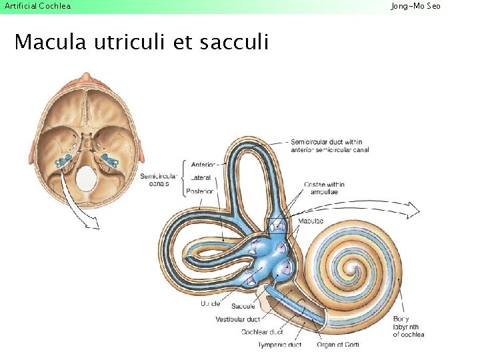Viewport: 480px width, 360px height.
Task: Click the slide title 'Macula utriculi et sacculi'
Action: coord(141,43)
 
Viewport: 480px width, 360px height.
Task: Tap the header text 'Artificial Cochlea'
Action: coord(37,6)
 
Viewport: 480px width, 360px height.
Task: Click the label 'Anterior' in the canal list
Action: coord(203,165)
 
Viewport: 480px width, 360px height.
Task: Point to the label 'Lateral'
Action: coord(201,178)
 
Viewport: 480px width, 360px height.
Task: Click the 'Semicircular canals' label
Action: coord(159,179)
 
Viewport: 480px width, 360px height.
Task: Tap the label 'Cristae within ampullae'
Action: coord(324,187)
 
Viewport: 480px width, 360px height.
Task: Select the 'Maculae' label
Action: coord(311,221)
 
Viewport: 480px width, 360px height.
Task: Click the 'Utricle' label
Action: coord(211,304)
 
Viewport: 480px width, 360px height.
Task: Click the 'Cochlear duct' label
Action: coord(262,332)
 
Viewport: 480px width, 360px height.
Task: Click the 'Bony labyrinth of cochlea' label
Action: coord(409,327)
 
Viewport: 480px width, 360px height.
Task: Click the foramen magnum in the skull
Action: coord(86,179)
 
